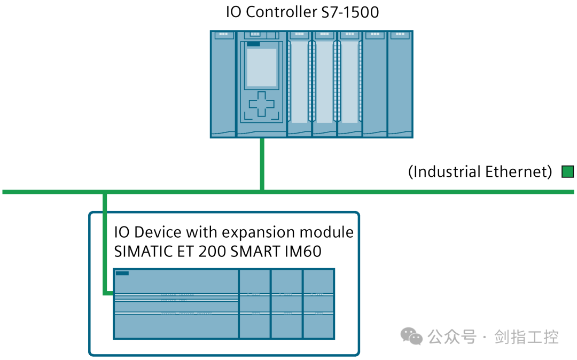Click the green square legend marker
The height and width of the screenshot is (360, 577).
(567, 171)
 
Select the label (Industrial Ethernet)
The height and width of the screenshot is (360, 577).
(480, 171)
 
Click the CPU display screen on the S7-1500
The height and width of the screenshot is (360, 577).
(261, 67)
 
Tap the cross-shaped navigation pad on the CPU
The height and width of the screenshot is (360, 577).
(261, 104)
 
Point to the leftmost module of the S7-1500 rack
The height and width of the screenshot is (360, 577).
(223, 84)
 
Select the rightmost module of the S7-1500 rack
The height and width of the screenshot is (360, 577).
(400, 84)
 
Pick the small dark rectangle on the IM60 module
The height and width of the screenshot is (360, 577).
(122, 273)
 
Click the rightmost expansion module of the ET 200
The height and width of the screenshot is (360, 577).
(318, 303)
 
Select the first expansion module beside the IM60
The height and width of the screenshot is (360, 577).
(255, 303)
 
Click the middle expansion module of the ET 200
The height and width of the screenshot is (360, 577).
(287, 303)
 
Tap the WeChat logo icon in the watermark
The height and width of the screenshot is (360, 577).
(412, 336)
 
